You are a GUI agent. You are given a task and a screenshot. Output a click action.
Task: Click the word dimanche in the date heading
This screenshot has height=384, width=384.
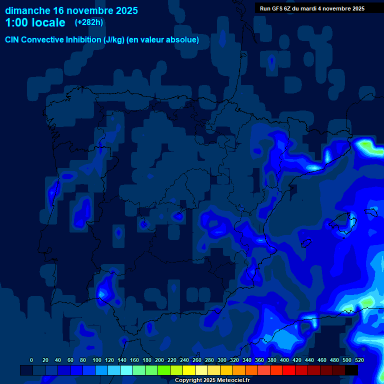(x=27, y=10)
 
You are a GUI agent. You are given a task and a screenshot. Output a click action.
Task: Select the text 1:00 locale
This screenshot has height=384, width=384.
(x=35, y=23)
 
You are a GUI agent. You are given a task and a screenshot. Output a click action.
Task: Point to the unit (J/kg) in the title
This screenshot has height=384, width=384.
(x=114, y=40)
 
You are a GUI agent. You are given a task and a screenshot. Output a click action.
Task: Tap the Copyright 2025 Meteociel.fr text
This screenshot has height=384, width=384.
(x=212, y=380)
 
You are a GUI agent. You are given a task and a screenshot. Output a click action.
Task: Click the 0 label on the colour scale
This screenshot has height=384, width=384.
(x=31, y=360)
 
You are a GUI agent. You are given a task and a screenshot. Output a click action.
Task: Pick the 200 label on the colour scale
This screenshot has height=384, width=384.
(x=159, y=360)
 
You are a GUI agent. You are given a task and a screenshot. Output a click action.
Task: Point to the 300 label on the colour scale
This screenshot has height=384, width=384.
(x=222, y=360)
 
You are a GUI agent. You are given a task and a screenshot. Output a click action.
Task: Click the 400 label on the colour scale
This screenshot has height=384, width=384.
(x=284, y=360)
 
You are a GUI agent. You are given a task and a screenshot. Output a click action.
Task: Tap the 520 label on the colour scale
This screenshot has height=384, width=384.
(x=359, y=360)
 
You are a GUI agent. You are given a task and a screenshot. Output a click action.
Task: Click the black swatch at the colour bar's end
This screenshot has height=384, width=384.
(x=351, y=370)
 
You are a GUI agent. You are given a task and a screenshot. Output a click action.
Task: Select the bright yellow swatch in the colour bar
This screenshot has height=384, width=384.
(x=189, y=370)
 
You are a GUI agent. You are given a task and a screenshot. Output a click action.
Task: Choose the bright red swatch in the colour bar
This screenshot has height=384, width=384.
(x=289, y=370)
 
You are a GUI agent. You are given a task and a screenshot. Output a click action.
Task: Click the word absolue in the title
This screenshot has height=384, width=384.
(x=181, y=40)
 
